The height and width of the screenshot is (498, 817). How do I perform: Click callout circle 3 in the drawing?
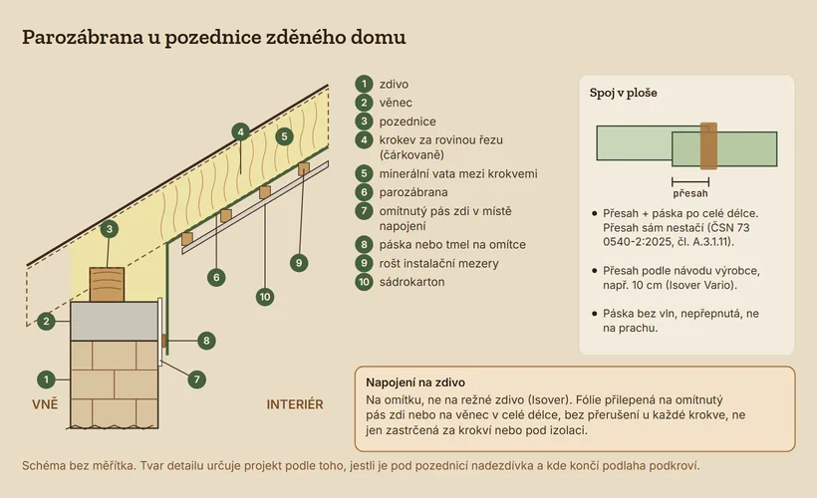[x=109, y=229]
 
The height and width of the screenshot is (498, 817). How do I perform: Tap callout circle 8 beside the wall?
[x=206, y=341]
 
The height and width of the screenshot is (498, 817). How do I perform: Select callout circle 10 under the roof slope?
[x=265, y=297]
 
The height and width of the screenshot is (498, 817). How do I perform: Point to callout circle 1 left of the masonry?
[x=47, y=379]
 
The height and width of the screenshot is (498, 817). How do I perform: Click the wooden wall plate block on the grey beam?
[x=107, y=285]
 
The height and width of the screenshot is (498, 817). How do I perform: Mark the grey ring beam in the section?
[x=115, y=322]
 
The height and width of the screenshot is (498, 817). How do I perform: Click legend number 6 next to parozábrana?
[x=364, y=192]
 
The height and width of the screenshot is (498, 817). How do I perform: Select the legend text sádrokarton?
[x=411, y=282]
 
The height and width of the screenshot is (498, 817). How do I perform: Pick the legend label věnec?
[x=396, y=103]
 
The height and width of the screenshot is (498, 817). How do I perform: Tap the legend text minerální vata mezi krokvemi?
[x=458, y=173]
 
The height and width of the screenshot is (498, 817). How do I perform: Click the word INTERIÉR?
[x=295, y=404]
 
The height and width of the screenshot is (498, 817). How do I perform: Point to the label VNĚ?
[x=45, y=404]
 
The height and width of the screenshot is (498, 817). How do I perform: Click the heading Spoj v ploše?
[x=623, y=93]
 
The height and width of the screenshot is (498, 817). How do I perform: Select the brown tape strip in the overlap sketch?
[x=708, y=145]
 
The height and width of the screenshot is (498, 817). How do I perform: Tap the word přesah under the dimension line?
[x=690, y=193]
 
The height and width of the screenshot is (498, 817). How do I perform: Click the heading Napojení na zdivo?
[x=415, y=382]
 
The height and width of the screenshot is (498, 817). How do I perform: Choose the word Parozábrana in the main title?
[x=83, y=37]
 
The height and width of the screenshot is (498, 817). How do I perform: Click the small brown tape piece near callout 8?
[x=163, y=341]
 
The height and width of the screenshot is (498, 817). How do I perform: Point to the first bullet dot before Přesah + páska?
[x=595, y=213]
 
